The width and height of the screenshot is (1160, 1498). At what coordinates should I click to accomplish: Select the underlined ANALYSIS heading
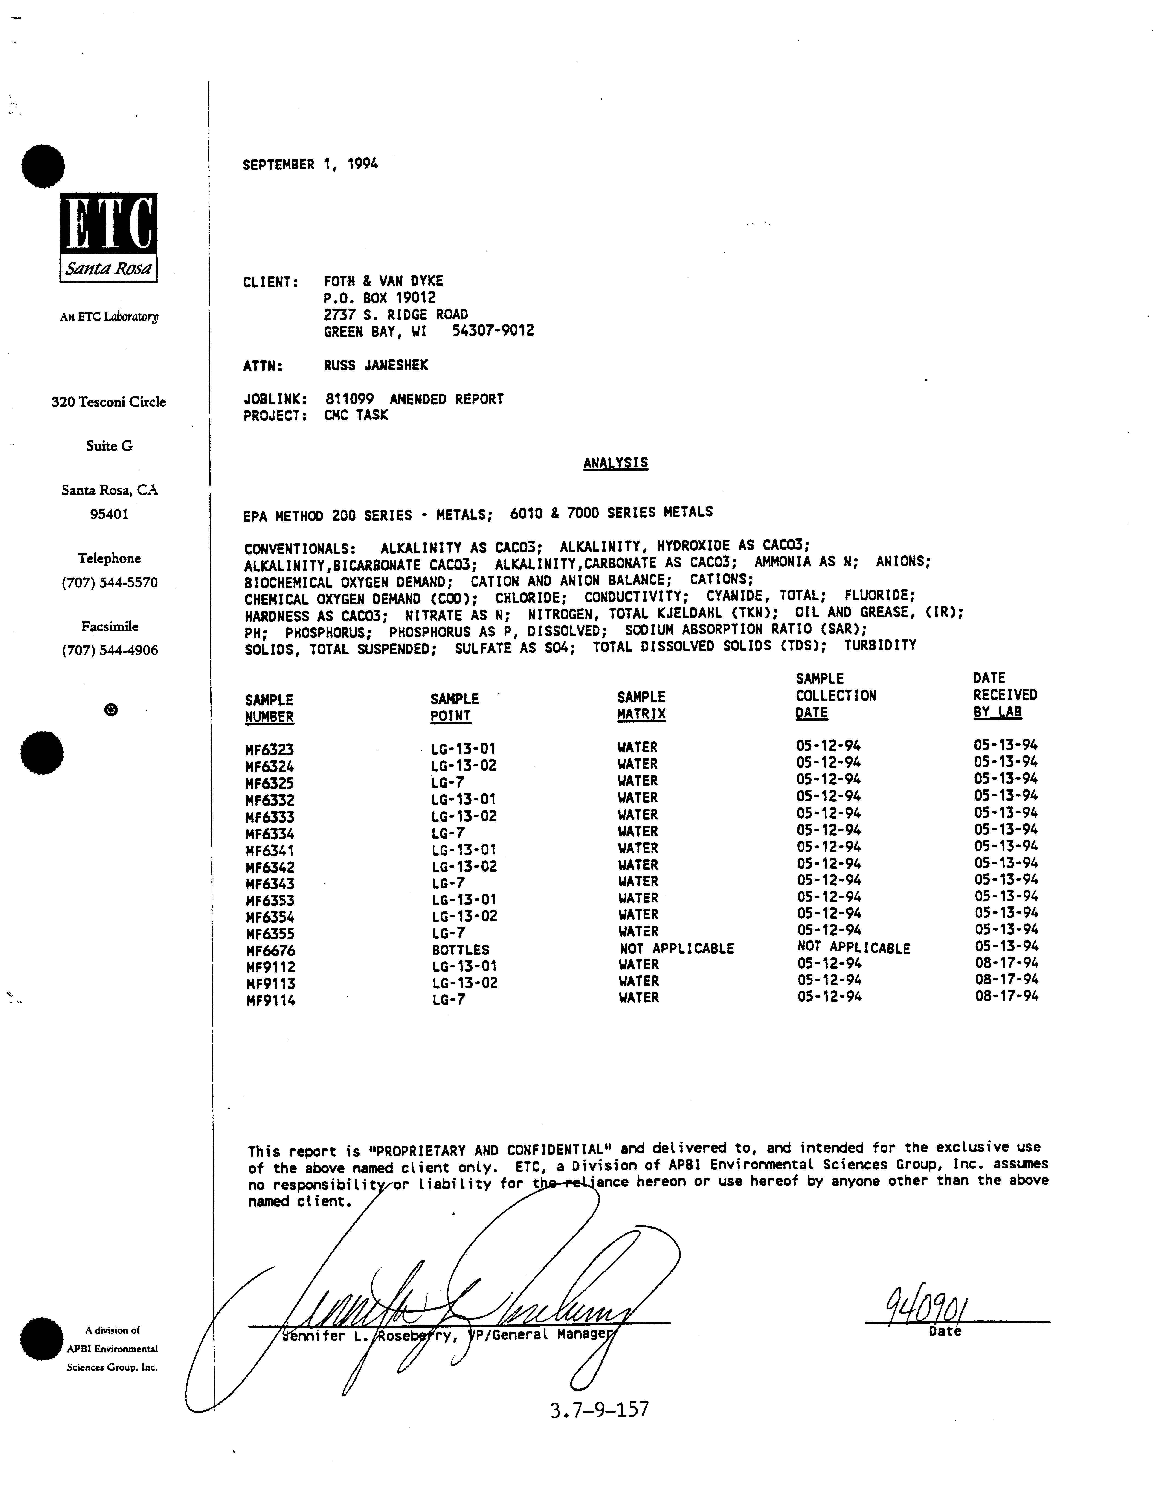[x=615, y=463]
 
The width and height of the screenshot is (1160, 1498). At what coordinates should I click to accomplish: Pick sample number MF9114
[x=271, y=1001]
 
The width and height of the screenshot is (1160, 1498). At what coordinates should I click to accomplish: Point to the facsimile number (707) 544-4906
[x=110, y=650]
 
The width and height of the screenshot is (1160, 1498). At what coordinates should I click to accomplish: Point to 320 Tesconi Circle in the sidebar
[x=108, y=402]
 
